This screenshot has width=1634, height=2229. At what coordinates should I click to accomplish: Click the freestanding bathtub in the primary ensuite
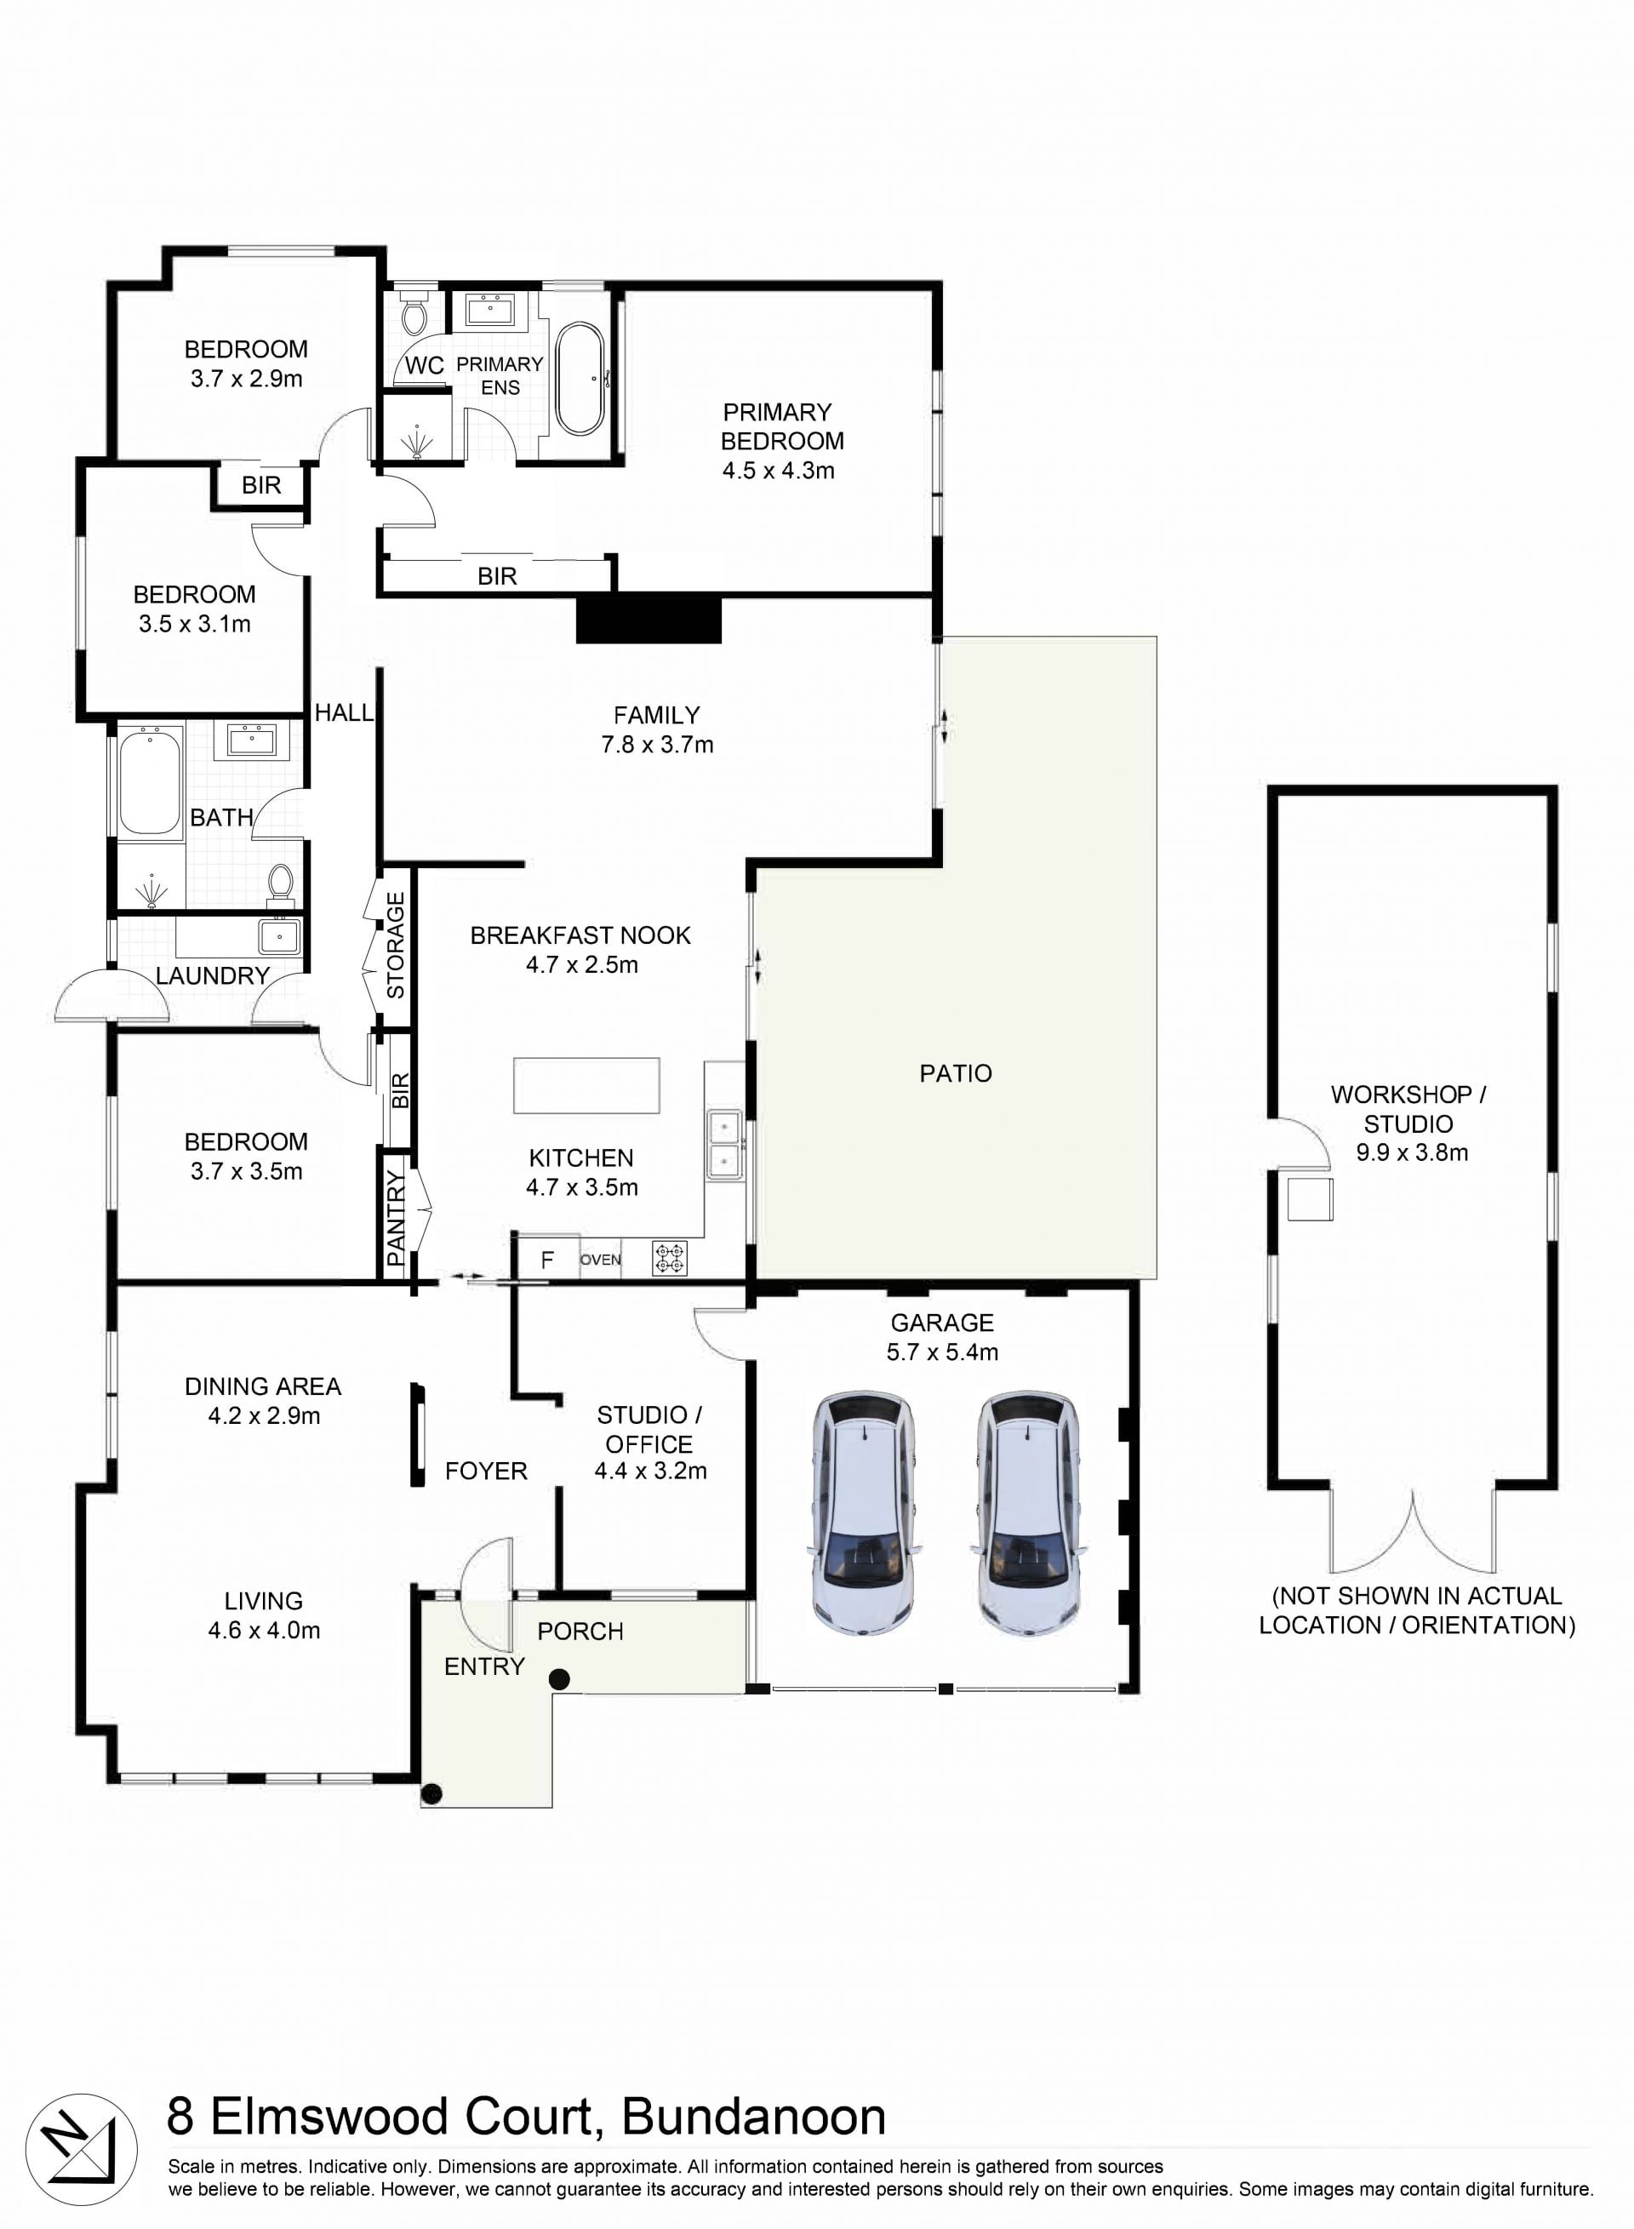point(580,379)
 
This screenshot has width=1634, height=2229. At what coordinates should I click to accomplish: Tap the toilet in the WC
point(413,311)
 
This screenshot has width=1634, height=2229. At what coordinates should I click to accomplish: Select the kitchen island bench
point(586,1086)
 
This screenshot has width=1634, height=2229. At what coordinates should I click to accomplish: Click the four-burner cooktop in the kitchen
point(670,1258)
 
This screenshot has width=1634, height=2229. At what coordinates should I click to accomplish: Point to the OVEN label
point(600,1260)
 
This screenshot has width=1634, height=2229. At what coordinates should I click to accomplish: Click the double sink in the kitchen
point(725,1144)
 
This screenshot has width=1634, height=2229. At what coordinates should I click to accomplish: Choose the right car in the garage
point(1028,1512)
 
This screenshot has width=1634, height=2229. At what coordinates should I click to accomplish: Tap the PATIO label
point(956,1073)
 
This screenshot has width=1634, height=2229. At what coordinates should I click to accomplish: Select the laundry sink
point(279,935)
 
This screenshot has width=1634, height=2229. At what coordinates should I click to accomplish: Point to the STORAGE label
point(396,946)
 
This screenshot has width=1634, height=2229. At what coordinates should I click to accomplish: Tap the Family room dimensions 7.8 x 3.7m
point(657,745)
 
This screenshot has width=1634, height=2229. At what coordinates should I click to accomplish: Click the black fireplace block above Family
point(648,619)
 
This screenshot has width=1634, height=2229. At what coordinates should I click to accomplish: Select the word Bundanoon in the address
point(754,2117)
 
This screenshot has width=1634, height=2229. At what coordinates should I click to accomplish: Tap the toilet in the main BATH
point(281,885)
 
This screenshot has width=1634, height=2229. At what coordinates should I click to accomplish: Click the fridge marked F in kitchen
point(547,1258)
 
